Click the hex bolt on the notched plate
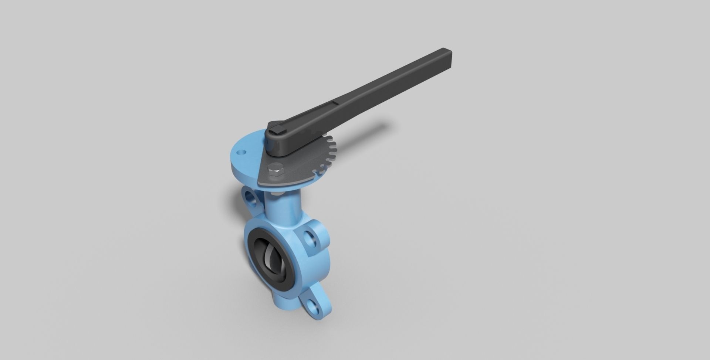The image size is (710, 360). pos(275,171)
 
